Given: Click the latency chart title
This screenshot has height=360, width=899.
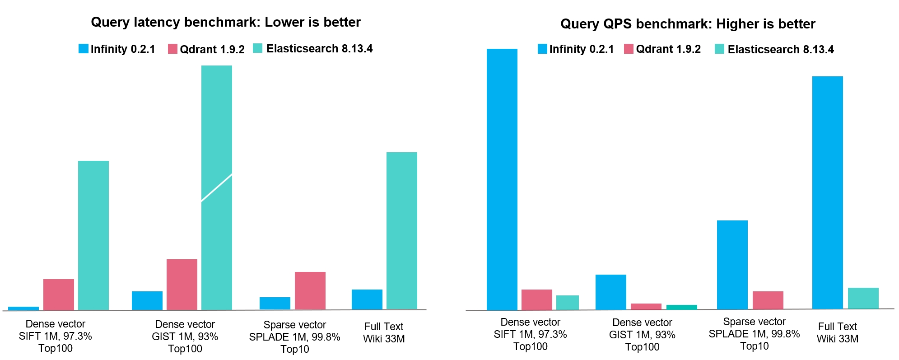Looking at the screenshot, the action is pos(226,22).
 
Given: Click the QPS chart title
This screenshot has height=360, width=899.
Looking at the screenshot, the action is pos(688,24).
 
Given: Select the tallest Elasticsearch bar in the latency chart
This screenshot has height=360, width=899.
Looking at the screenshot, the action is pos(217,187).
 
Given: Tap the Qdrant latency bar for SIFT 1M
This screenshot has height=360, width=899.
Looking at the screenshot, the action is pos(59,295).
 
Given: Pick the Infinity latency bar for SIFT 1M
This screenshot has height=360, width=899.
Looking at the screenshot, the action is pos(23,309).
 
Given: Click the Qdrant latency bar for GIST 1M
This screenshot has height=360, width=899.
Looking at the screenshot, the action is pos(182,285).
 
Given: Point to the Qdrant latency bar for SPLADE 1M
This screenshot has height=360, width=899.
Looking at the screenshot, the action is pos(310,291).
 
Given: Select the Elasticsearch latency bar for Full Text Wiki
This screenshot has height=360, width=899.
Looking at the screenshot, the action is pos(402,231).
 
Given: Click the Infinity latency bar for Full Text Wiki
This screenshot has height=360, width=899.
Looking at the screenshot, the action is pos(367,299).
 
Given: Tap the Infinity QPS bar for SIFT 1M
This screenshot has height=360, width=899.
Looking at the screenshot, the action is pos(502,179).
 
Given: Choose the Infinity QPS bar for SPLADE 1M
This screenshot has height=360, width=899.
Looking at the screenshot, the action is pos(732,265).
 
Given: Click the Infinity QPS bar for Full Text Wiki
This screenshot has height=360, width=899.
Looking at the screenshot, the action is pos(828,192).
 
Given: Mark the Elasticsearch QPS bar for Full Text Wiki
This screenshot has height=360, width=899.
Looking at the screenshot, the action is pos(863,298).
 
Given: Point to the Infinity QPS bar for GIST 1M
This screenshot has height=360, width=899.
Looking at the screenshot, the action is pos(611,292).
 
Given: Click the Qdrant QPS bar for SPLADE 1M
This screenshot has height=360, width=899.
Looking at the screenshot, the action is pos(768,300).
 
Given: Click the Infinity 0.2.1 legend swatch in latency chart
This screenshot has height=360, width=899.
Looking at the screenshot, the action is pos(84,49).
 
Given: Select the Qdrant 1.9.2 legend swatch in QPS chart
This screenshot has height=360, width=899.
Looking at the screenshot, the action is pos(629,49).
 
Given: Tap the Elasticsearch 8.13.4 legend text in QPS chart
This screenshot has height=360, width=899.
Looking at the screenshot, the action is pos(781,49).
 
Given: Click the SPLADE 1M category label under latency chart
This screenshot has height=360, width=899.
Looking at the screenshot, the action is pos(295,337).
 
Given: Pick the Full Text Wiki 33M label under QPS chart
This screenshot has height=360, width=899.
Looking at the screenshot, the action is pos(838,332).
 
